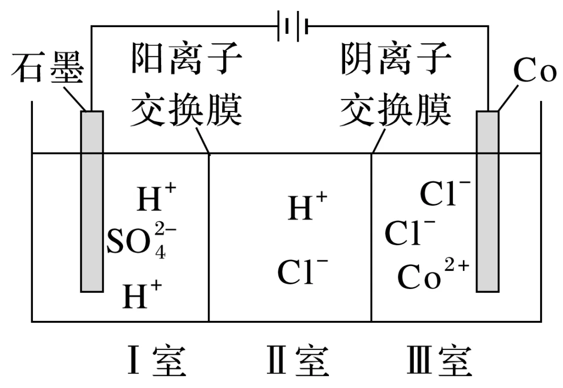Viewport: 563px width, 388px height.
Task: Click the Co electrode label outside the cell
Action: pyautogui.click(x=535, y=71)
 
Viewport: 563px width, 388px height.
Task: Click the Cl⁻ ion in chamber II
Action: pyautogui.click(x=302, y=271)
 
